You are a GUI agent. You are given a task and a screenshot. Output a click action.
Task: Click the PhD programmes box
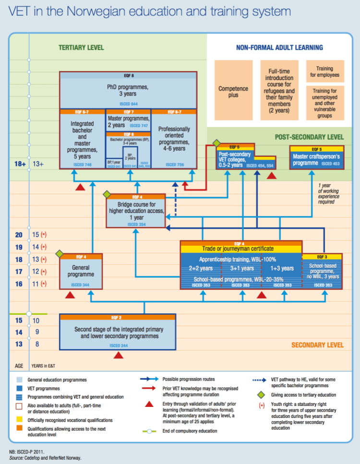[127, 91]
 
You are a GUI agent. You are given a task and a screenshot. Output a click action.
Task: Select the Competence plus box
[233, 92]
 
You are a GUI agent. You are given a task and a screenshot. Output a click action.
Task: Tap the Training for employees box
[325, 72]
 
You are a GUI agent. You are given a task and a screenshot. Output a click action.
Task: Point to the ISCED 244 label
[118, 345]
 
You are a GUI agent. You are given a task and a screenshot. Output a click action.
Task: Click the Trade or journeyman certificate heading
[240, 249]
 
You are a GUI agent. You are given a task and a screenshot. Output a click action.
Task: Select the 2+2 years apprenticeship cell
[201, 268]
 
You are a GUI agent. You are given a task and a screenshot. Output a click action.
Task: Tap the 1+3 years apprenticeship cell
[282, 268]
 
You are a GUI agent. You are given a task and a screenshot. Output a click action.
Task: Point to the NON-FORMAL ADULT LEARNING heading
[279, 48]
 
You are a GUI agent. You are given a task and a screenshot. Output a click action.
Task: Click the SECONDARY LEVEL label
[317, 345]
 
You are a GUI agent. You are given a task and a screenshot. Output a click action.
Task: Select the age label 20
[19, 235]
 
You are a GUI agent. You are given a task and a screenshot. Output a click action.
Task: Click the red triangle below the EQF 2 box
[118, 356]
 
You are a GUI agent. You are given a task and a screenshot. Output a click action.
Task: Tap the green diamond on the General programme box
[60, 253]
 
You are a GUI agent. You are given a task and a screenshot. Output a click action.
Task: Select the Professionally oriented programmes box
[174, 139]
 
